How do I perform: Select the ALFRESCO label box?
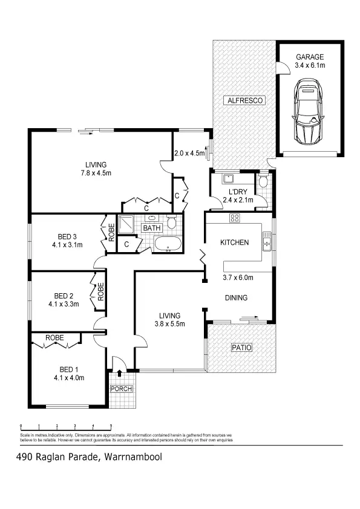click(x=243, y=100)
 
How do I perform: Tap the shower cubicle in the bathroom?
click(x=128, y=225)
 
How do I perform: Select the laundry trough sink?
click(x=228, y=179)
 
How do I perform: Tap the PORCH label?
click(x=121, y=388)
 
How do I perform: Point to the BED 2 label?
click(x=63, y=296)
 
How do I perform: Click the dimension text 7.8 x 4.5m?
click(x=96, y=173)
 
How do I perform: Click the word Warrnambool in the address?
click(x=133, y=457)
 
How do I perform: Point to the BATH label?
click(x=151, y=229)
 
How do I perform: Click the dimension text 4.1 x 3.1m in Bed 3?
click(x=67, y=245)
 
